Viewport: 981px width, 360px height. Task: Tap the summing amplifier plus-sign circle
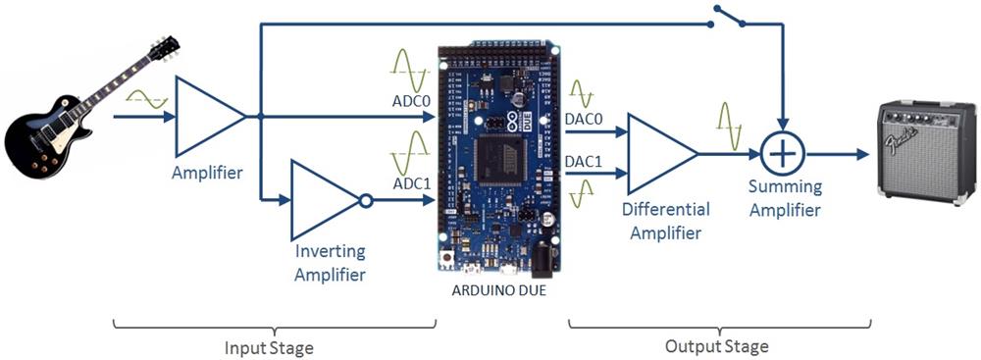click(783, 155)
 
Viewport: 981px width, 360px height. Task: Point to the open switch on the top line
click(732, 15)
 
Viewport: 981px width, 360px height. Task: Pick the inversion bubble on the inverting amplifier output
click(366, 201)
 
